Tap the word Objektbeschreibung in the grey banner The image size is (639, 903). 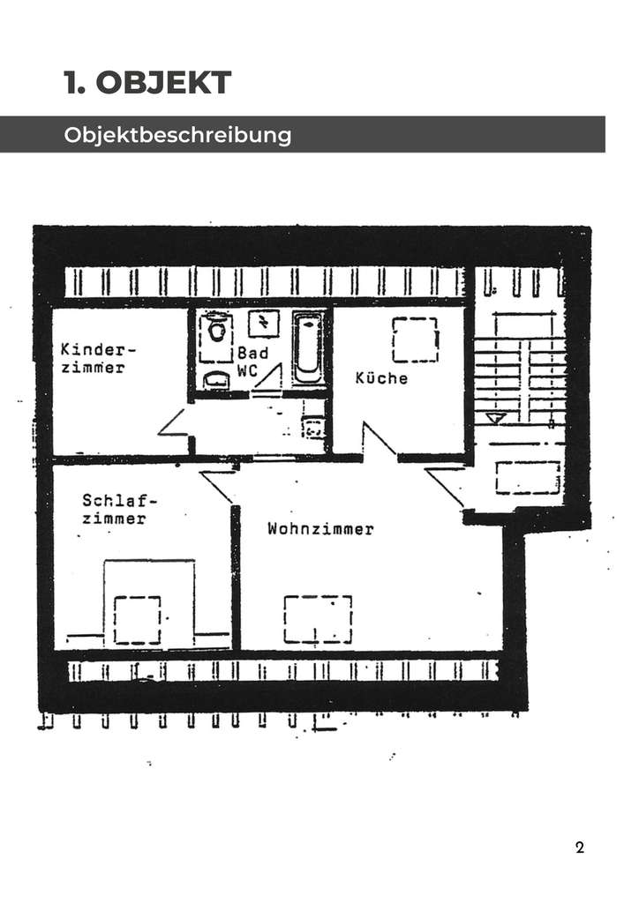tap(177, 136)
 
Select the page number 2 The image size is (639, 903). tap(579, 848)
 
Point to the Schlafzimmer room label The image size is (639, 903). tap(114, 510)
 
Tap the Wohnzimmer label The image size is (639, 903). tap(320, 529)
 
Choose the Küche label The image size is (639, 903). tap(381, 377)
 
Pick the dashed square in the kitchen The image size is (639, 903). tap(415, 340)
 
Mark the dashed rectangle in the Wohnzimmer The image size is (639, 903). tap(317, 619)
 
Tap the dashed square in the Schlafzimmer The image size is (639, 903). tap(137, 619)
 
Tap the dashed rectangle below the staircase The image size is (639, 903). tap(527, 477)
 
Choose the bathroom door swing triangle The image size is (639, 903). tap(268, 380)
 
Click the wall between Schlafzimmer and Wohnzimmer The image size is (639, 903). tap(236, 573)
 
